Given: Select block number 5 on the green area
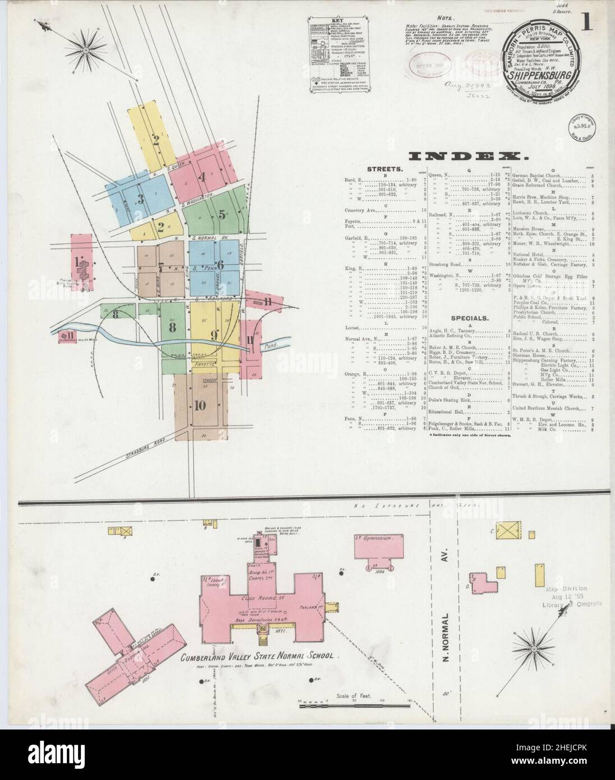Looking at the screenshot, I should click(x=222, y=214).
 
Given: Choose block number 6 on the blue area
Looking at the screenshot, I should click(x=220, y=265).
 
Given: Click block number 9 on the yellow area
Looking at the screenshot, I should click(x=214, y=336).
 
